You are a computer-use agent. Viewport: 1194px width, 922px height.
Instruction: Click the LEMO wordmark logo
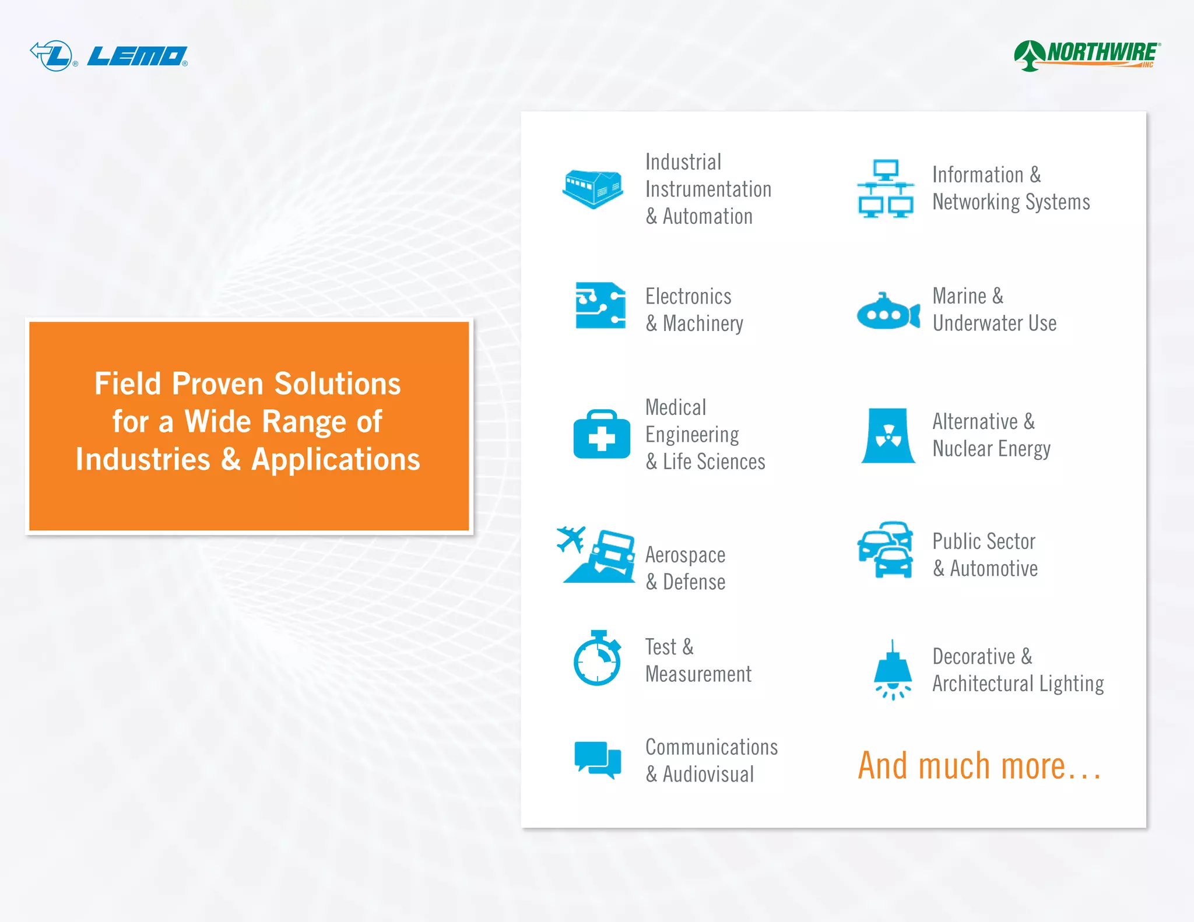(x=138, y=57)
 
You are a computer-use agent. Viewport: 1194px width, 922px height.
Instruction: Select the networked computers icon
(x=885, y=189)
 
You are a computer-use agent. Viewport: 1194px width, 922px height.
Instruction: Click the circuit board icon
(x=600, y=305)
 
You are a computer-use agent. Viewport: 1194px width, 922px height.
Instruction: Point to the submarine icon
(x=887, y=312)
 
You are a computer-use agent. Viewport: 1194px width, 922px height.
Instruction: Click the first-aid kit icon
(x=602, y=435)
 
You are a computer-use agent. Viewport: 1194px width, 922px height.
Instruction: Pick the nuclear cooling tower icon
(x=888, y=435)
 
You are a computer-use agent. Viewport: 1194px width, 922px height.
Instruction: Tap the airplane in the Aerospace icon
(x=571, y=539)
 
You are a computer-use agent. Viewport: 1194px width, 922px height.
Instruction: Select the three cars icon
(x=886, y=550)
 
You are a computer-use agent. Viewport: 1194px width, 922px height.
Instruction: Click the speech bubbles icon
(x=598, y=759)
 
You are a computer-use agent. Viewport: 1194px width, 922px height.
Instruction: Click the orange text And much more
(x=979, y=766)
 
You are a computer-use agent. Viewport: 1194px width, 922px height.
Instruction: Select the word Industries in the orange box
(x=143, y=459)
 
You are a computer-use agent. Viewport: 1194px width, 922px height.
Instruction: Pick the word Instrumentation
(x=708, y=189)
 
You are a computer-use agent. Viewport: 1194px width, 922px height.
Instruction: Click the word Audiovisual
(x=708, y=775)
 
